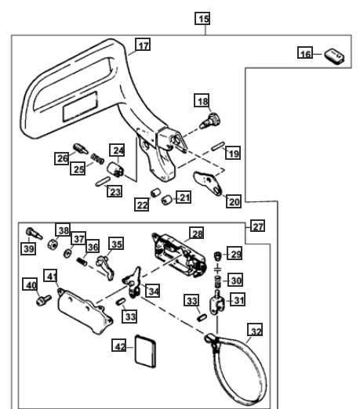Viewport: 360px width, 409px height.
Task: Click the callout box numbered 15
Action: (x=202, y=19)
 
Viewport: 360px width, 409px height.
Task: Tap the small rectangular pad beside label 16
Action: (x=334, y=56)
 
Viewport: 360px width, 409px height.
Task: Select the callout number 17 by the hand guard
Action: (x=143, y=45)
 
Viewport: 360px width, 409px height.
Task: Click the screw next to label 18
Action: (x=210, y=121)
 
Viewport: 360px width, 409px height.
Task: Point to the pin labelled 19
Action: (x=218, y=146)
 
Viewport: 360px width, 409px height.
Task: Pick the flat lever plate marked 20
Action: (x=208, y=183)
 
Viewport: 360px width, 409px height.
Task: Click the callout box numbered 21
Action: (x=184, y=197)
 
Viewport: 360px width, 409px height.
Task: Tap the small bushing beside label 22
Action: (x=156, y=194)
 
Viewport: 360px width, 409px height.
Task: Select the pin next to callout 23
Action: (x=103, y=181)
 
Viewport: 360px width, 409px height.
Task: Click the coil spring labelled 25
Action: (x=97, y=158)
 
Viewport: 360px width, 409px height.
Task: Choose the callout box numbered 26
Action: (x=62, y=158)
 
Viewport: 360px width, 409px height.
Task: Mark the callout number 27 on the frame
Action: (x=257, y=226)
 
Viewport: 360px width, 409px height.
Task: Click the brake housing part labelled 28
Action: (x=180, y=255)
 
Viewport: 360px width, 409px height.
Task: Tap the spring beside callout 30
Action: (x=217, y=281)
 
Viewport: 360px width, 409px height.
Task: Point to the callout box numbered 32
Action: (x=255, y=330)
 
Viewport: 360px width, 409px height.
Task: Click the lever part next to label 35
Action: (x=105, y=267)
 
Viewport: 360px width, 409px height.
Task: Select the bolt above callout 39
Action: (x=34, y=233)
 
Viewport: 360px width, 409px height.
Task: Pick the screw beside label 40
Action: (x=44, y=300)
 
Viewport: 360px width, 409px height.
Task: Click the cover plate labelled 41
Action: (x=85, y=311)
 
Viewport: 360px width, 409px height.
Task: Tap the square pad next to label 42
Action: (x=145, y=352)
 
